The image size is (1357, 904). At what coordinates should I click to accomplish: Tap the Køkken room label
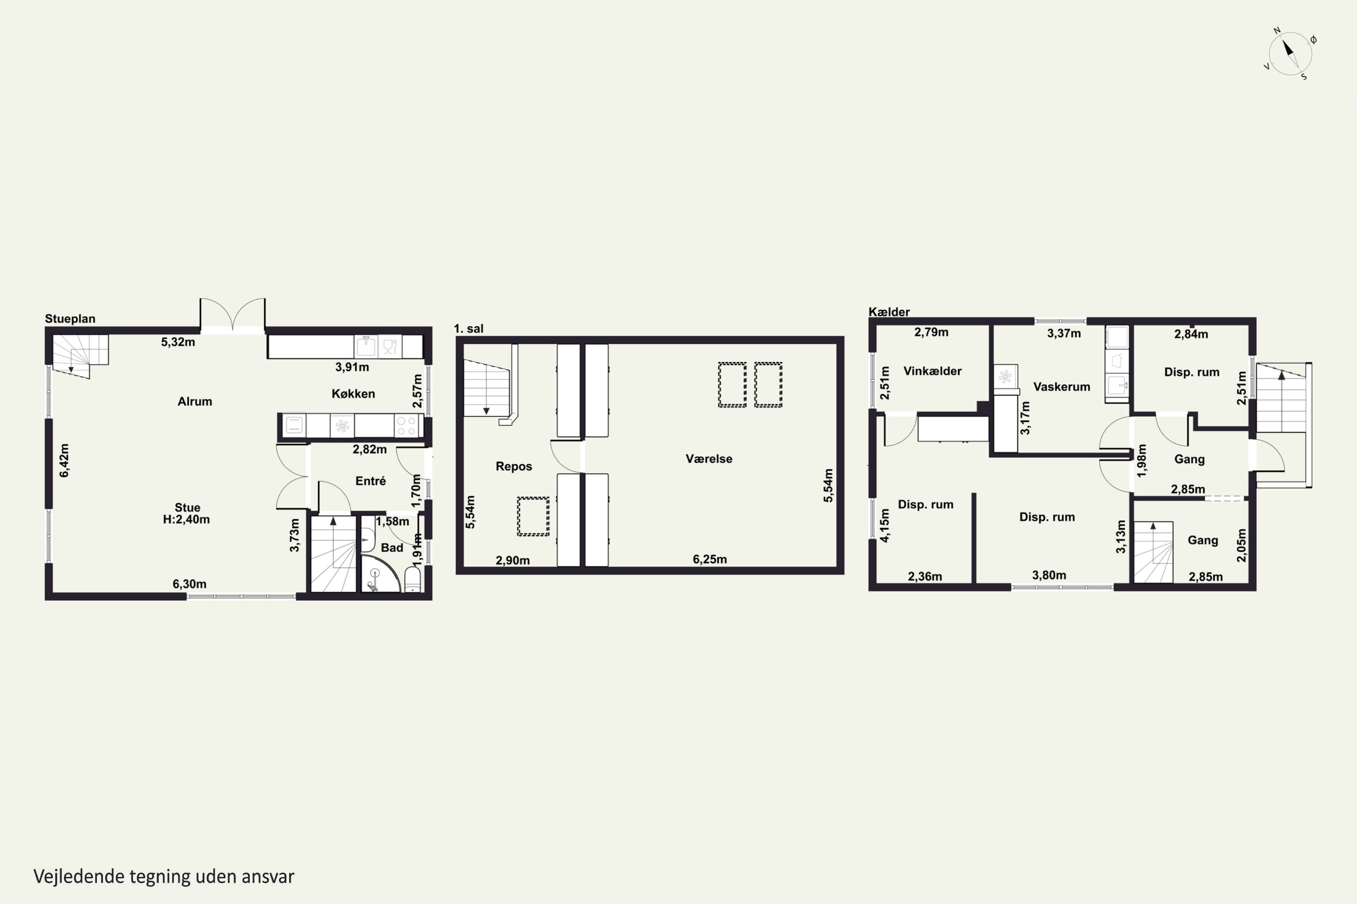click(x=353, y=394)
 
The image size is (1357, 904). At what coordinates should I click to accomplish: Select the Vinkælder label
click(x=932, y=371)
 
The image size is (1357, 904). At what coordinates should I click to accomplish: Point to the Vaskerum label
click(x=1062, y=387)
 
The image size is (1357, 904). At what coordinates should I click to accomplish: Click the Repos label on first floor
click(x=513, y=466)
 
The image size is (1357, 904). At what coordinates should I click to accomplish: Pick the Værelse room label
click(x=709, y=459)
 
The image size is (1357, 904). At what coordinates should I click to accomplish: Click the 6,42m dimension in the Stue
click(x=64, y=461)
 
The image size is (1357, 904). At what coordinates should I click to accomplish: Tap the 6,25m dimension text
click(x=710, y=559)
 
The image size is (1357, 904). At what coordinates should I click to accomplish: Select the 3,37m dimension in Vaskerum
click(x=1064, y=333)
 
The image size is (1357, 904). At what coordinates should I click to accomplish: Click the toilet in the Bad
click(x=413, y=579)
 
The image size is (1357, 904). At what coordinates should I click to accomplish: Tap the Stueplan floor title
click(x=70, y=319)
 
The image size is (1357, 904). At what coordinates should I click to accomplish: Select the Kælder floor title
click(x=889, y=312)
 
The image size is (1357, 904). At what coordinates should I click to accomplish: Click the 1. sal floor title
click(x=469, y=329)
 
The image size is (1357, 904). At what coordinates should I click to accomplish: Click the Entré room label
click(x=370, y=481)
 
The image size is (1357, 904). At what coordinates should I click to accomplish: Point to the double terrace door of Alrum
click(x=232, y=315)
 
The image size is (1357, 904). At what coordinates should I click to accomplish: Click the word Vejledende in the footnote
click(x=79, y=876)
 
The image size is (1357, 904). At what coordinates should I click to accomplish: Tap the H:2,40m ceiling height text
click(x=186, y=519)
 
